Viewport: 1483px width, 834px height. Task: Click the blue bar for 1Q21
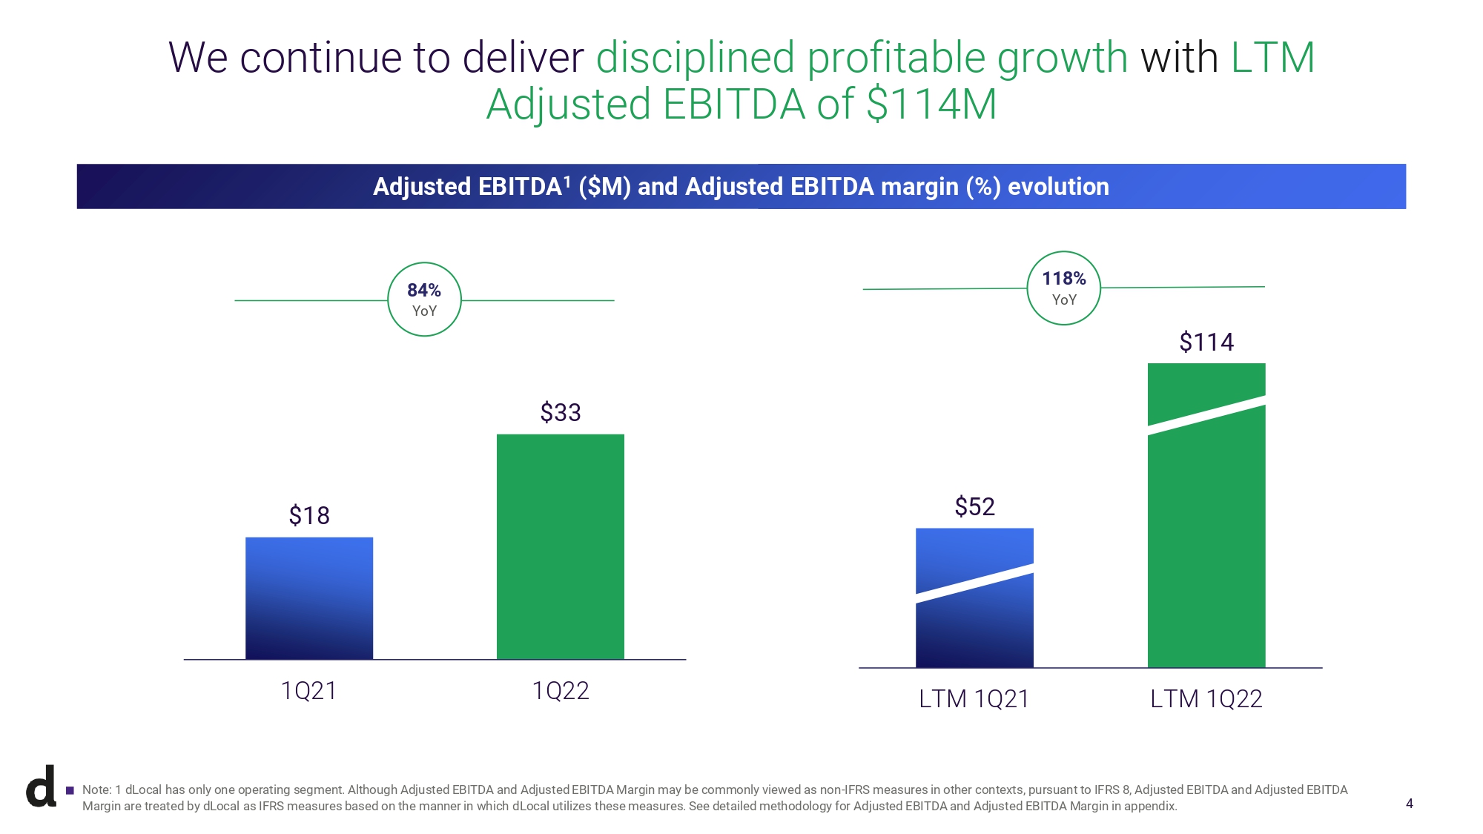[x=309, y=598]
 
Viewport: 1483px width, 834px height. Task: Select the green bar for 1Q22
[x=560, y=546]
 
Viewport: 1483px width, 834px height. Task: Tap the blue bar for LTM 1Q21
[x=974, y=598]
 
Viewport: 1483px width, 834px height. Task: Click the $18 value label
[x=309, y=515]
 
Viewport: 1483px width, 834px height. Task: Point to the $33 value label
[x=560, y=412]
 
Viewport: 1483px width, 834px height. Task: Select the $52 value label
[x=974, y=506]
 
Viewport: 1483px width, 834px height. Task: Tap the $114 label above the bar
[x=1206, y=342]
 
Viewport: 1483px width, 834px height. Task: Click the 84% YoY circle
[x=424, y=299]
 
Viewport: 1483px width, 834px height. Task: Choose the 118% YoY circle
[x=1063, y=288]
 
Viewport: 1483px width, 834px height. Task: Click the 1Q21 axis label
[x=309, y=691]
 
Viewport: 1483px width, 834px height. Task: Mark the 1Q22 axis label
[x=560, y=691]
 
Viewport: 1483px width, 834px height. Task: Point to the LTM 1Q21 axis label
[x=974, y=699]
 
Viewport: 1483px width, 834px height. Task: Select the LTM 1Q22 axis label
[x=1206, y=699]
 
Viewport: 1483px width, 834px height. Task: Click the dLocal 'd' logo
[x=42, y=787]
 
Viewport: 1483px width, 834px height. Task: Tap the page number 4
[x=1409, y=804]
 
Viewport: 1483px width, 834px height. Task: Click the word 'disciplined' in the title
[x=695, y=58]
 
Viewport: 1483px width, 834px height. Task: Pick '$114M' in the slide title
[x=931, y=105]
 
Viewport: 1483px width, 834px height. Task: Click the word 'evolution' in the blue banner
[x=1058, y=187]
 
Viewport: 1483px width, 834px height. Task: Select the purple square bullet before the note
[x=70, y=790]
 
